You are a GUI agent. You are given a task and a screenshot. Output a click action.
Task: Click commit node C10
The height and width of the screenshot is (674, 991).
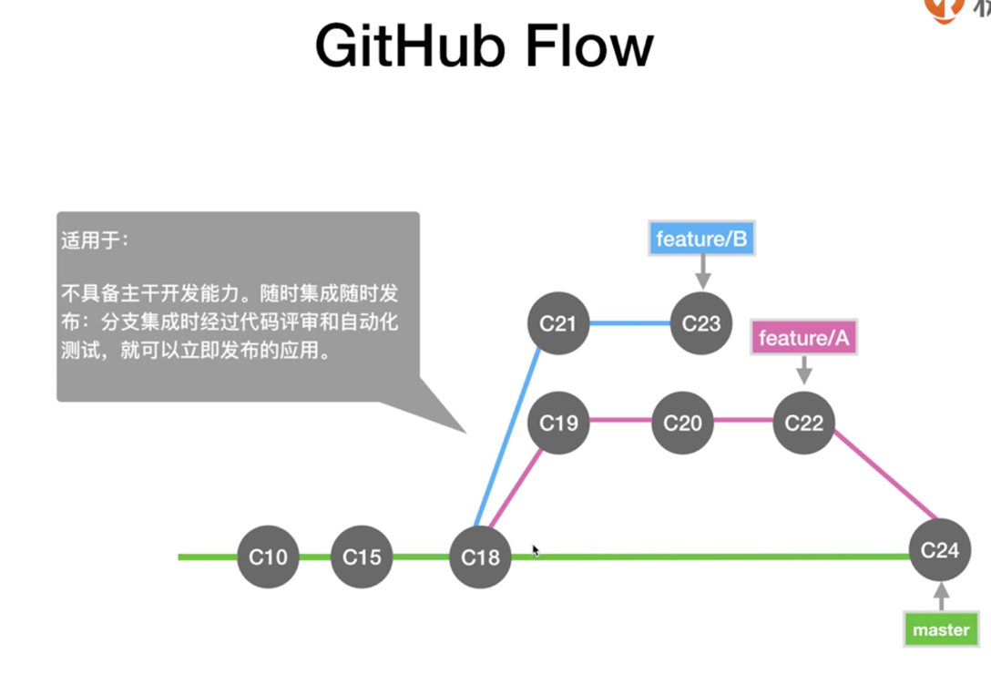268,557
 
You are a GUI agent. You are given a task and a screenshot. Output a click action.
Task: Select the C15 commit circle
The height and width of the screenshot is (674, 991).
362,557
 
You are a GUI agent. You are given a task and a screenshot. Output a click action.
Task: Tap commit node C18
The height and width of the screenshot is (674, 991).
480,557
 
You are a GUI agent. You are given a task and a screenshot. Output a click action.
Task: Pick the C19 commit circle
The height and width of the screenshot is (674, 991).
558,423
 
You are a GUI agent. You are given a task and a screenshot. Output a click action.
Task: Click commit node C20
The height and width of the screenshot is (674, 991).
682,423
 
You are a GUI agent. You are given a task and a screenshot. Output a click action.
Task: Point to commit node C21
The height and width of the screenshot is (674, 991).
558,323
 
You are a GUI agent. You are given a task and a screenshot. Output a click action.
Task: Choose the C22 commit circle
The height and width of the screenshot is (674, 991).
803,423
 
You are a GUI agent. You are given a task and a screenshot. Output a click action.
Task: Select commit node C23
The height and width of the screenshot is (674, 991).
700,323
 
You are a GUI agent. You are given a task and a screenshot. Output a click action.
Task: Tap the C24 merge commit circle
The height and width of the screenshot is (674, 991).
939,550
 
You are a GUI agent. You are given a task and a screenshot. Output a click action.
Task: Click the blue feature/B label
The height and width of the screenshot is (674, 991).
701,240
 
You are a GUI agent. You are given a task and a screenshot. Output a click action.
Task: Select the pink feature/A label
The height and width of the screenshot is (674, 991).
803,339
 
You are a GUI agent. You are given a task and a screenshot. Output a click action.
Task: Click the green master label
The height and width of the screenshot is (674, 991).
941,630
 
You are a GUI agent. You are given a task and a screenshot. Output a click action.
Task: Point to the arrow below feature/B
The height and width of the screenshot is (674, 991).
701,271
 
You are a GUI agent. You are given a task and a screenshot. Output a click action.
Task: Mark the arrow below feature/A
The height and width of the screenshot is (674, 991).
803,371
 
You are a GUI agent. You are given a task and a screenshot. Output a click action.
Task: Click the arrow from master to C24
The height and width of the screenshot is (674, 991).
941,597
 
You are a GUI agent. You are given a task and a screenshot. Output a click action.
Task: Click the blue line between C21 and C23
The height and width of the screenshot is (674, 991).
629,323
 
